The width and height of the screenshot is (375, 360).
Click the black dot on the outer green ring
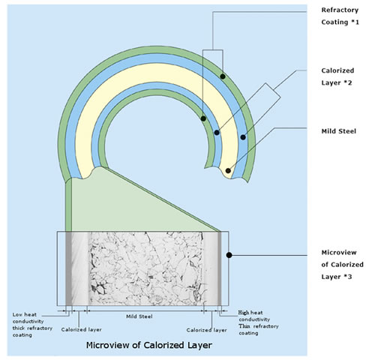(223, 76)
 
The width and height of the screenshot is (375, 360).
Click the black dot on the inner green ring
(203, 118)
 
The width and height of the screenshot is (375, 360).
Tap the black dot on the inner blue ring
(217, 133)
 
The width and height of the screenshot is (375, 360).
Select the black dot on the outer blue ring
(243, 137)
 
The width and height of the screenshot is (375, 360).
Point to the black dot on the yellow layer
(228, 171)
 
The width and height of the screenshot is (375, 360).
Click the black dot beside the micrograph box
(229, 255)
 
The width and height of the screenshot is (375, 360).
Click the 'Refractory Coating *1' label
(340, 16)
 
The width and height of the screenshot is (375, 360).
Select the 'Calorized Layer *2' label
(337, 76)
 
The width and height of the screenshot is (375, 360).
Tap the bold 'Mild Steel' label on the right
(339, 131)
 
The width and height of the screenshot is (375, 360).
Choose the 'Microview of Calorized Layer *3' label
(342, 265)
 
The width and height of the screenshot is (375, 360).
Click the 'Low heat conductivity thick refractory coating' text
(32, 325)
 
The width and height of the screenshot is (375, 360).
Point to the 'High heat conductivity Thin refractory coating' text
(259, 322)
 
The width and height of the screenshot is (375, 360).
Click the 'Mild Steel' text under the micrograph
(139, 316)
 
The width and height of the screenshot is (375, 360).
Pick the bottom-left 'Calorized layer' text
(82, 329)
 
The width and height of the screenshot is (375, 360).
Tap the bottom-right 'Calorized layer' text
(207, 330)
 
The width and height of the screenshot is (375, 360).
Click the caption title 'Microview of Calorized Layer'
(149, 345)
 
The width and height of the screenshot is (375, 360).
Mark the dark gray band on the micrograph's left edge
(69, 268)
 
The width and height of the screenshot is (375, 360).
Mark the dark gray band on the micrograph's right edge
(220, 268)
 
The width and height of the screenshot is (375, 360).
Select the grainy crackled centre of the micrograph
(146, 268)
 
